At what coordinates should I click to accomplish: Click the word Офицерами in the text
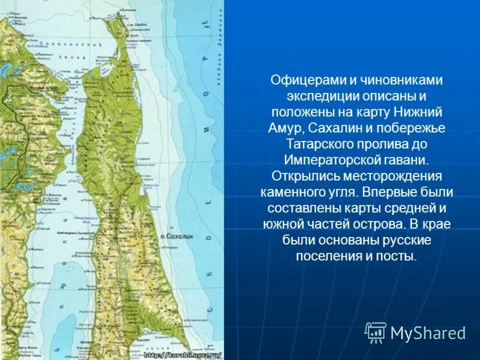click(300, 80)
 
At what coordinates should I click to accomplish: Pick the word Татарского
click(322, 144)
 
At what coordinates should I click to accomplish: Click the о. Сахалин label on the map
click(176, 220)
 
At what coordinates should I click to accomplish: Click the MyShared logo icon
click(376, 332)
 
